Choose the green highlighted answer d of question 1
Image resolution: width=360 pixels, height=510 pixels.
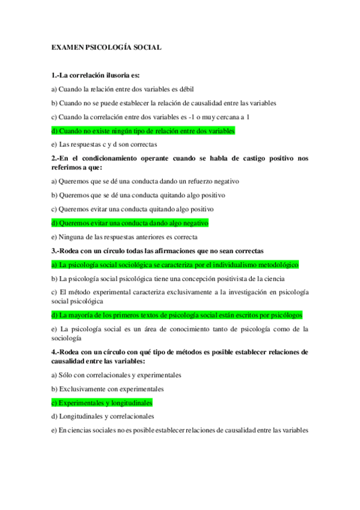(143, 131)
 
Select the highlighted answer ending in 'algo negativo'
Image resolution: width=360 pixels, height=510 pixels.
(130, 223)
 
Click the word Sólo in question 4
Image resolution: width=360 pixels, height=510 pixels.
(64, 375)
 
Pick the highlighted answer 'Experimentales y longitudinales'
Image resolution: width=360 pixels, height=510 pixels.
(102, 402)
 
